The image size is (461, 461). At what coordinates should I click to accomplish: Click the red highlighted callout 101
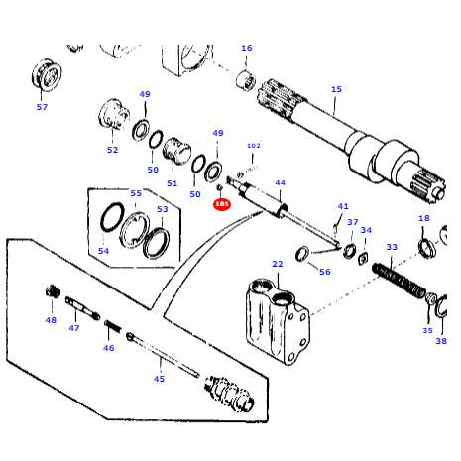(221, 205)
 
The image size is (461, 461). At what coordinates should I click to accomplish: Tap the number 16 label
(247, 48)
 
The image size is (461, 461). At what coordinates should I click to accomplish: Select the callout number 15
(336, 89)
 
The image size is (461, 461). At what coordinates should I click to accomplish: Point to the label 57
(42, 106)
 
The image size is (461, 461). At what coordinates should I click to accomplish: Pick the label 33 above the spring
(392, 247)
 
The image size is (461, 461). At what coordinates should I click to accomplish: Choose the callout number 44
(280, 183)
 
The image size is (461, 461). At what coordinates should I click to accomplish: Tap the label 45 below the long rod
(159, 378)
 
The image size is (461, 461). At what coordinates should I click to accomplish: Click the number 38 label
(441, 340)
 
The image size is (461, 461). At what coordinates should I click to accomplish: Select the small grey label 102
(253, 146)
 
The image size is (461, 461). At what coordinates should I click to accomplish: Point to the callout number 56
(324, 271)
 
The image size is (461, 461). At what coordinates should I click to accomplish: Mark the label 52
(112, 150)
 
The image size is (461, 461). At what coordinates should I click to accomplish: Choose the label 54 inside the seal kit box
(103, 250)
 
